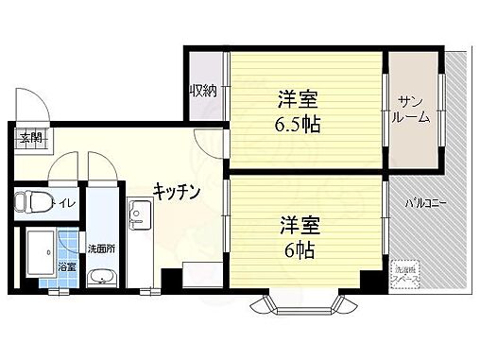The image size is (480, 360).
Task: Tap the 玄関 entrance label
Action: click(x=30, y=138)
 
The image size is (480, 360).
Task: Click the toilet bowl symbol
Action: click(x=34, y=201)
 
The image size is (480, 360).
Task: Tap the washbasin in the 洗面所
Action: click(x=100, y=277)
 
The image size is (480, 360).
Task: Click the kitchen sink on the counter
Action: click(x=138, y=219)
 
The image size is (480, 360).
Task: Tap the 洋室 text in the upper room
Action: click(x=297, y=98)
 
